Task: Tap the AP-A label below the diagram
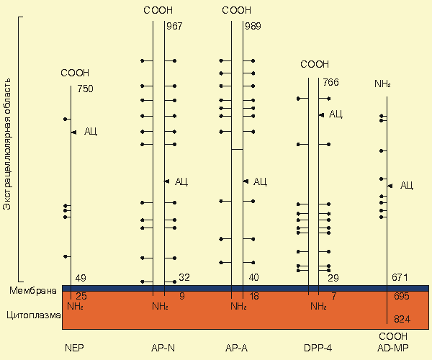237,348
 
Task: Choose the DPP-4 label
314,348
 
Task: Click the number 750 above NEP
85,89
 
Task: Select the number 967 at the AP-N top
174,27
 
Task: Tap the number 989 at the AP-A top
253,27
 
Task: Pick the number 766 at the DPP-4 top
331,82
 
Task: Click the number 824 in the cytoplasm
402,318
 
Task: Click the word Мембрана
32,291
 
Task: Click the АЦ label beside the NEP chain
91,131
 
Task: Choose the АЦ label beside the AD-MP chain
406,186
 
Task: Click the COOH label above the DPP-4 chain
314,64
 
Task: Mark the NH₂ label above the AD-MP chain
382,84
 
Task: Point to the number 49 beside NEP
81,278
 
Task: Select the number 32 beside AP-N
184,277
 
